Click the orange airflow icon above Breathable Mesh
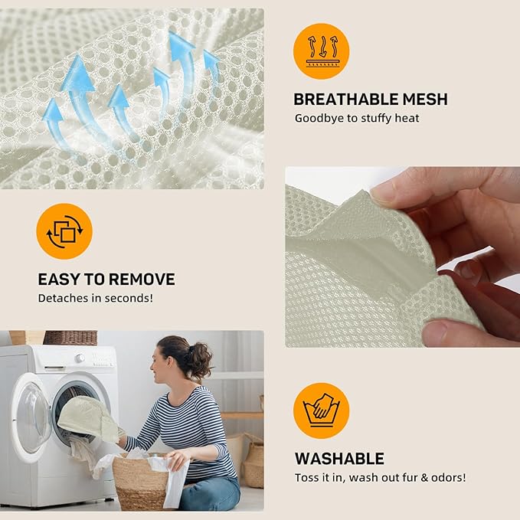point(321,51)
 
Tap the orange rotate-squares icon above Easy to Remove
point(64,231)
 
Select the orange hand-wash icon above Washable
point(321,411)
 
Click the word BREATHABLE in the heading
point(345,99)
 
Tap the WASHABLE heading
point(339,459)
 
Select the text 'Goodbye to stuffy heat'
point(357,118)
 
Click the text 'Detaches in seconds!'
point(96,298)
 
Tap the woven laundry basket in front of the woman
point(141,482)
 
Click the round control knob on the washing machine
point(80,358)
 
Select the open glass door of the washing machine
point(31,418)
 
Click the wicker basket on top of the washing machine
point(70,338)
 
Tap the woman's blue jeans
point(210,493)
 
